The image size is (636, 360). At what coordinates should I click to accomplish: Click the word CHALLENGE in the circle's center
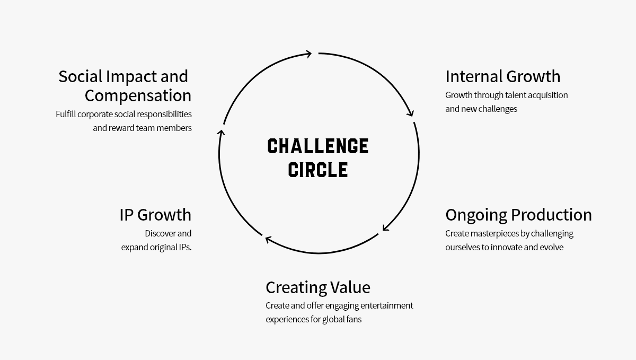[x=318, y=146]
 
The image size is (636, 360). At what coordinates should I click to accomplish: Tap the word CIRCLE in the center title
[x=318, y=170]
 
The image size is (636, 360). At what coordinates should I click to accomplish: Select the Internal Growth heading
[x=502, y=76]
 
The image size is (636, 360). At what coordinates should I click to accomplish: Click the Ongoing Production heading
[x=518, y=215]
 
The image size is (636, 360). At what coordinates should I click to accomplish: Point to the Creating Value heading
[x=318, y=287]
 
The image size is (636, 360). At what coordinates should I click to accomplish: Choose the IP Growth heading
[x=155, y=215]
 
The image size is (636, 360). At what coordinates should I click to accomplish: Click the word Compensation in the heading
[x=138, y=95]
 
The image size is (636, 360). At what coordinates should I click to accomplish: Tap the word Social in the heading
[x=81, y=76]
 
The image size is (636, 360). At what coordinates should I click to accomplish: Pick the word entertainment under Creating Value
[x=386, y=305]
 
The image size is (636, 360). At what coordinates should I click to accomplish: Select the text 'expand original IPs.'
[x=156, y=247]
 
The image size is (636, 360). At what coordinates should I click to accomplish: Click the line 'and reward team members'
[x=142, y=128]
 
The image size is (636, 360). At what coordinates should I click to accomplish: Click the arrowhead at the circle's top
[x=308, y=53]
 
